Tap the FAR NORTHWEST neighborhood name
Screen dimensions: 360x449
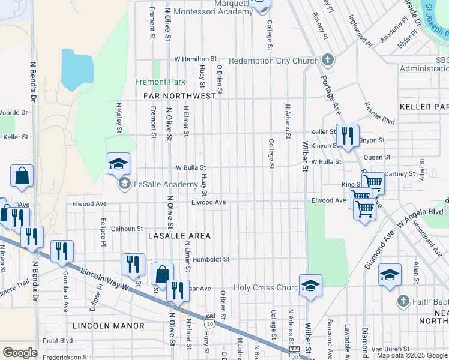click(x=179, y=96)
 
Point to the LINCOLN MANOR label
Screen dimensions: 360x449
click(x=109, y=325)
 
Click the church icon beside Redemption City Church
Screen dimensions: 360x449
click(x=327, y=60)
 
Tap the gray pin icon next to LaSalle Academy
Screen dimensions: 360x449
click(x=124, y=184)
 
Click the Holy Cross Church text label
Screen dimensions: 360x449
click(x=265, y=288)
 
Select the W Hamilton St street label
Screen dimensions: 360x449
click(x=195, y=59)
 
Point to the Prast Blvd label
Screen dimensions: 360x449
click(x=58, y=340)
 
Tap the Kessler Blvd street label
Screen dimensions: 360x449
click(x=379, y=112)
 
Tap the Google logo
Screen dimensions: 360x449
click(x=20, y=353)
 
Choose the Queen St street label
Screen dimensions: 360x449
click(x=377, y=157)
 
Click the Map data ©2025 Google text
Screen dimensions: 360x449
click(x=412, y=355)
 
